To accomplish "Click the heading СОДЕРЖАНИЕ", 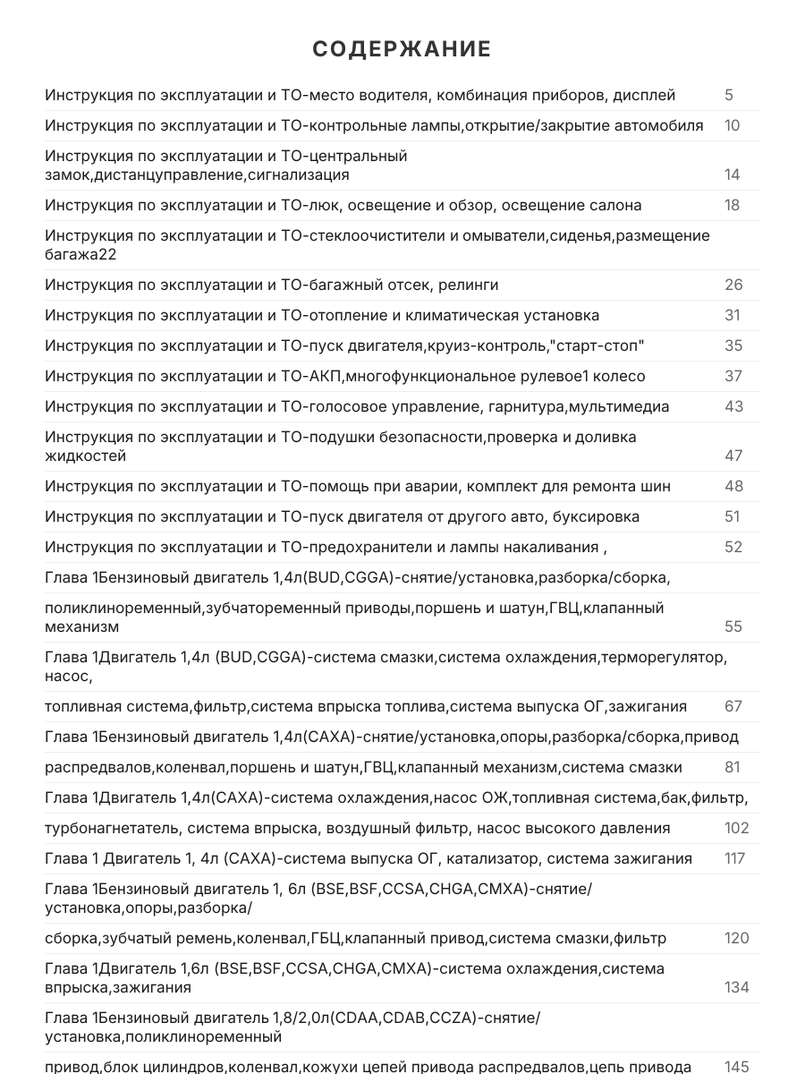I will tap(402, 49).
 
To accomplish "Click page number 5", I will tap(729, 95).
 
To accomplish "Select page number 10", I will tap(732, 125).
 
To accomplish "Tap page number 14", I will tap(732, 175).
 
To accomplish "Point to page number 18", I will tap(732, 205).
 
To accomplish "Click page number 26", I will tap(733, 285).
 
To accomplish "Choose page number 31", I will tap(733, 315).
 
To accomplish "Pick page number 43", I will tap(733, 406).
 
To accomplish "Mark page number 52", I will tap(733, 547).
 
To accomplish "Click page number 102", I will tap(736, 828).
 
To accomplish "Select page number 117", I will tap(734, 858).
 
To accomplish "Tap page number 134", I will tap(736, 987).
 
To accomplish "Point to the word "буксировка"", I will tap(597, 516).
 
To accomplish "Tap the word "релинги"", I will tap(469, 285).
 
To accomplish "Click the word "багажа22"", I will tap(80, 254).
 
